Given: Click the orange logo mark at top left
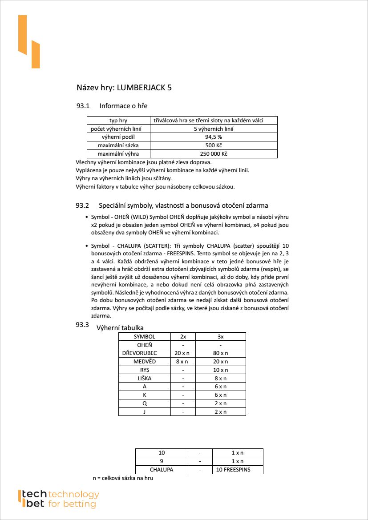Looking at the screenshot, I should [28, 42].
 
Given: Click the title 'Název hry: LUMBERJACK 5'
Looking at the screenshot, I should [124, 88].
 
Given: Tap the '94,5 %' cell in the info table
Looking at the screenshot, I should [214, 137].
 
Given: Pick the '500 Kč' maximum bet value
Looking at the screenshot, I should [214, 145].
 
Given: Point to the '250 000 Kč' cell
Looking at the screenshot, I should [214, 154].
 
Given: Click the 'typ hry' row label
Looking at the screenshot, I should [118, 121].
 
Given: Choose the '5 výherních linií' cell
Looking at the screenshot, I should [214, 129].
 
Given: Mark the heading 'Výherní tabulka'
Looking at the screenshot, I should [120, 328].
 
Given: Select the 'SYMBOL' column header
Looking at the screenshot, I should [144, 337].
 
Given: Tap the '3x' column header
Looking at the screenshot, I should [220, 337].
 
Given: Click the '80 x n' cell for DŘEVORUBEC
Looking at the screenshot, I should [220, 353].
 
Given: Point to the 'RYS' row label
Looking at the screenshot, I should [144, 370].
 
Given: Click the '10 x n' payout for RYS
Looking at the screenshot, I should [220, 370].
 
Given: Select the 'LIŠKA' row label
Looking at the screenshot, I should [144, 379].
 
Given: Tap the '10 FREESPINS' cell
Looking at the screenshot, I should [233, 470].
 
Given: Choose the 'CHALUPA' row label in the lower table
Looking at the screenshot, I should [162, 470].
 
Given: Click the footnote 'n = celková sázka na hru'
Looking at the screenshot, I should [123, 478].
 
